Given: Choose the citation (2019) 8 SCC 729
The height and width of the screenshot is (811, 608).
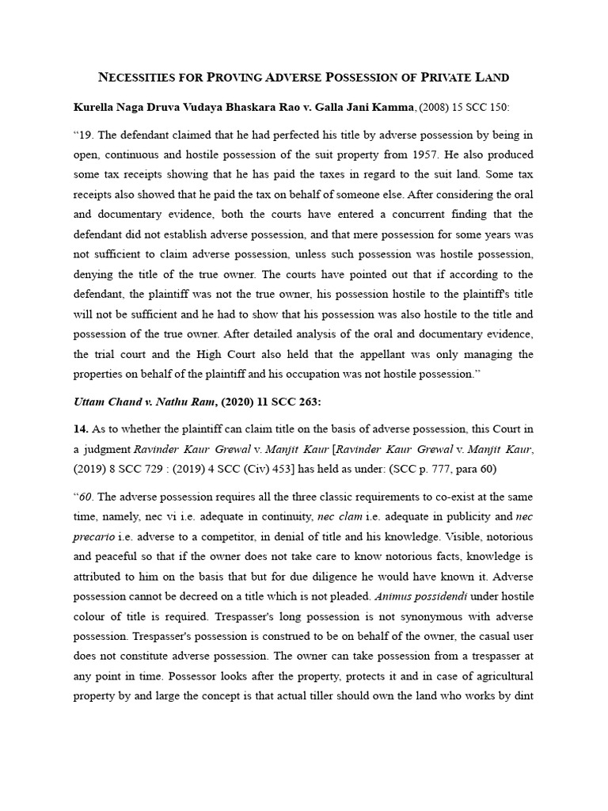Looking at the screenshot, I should coord(121,468).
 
